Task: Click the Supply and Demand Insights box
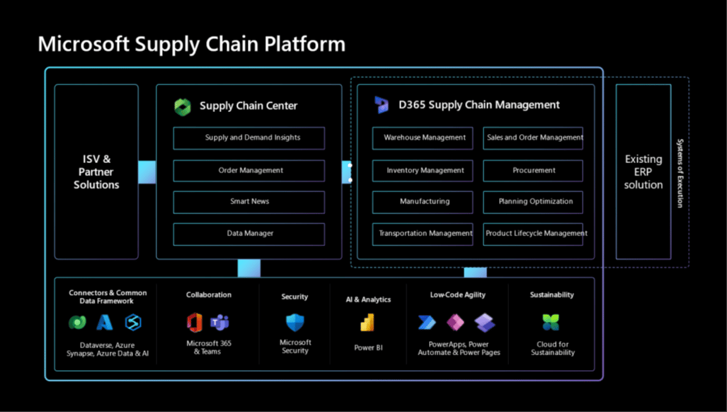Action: [249, 138]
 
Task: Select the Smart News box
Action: [249, 202]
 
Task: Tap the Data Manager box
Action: [249, 234]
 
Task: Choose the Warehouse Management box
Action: [423, 138]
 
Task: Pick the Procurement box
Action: [533, 170]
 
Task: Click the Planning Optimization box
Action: [533, 202]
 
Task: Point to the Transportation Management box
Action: [423, 234]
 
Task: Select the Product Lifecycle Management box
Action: [533, 234]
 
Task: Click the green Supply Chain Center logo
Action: [183, 107]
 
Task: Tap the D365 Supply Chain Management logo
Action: [382, 105]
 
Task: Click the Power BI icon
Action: [367, 323]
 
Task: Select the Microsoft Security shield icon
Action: [295, 323]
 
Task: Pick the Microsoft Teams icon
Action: [219, 322]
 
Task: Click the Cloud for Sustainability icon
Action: [551, 323]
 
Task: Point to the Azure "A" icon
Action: [105, 323]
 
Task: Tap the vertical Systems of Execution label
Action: [680, 173]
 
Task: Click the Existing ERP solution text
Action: [643, 172]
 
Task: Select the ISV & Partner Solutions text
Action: [96, 172]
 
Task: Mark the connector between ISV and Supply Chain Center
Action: [147, 172]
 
